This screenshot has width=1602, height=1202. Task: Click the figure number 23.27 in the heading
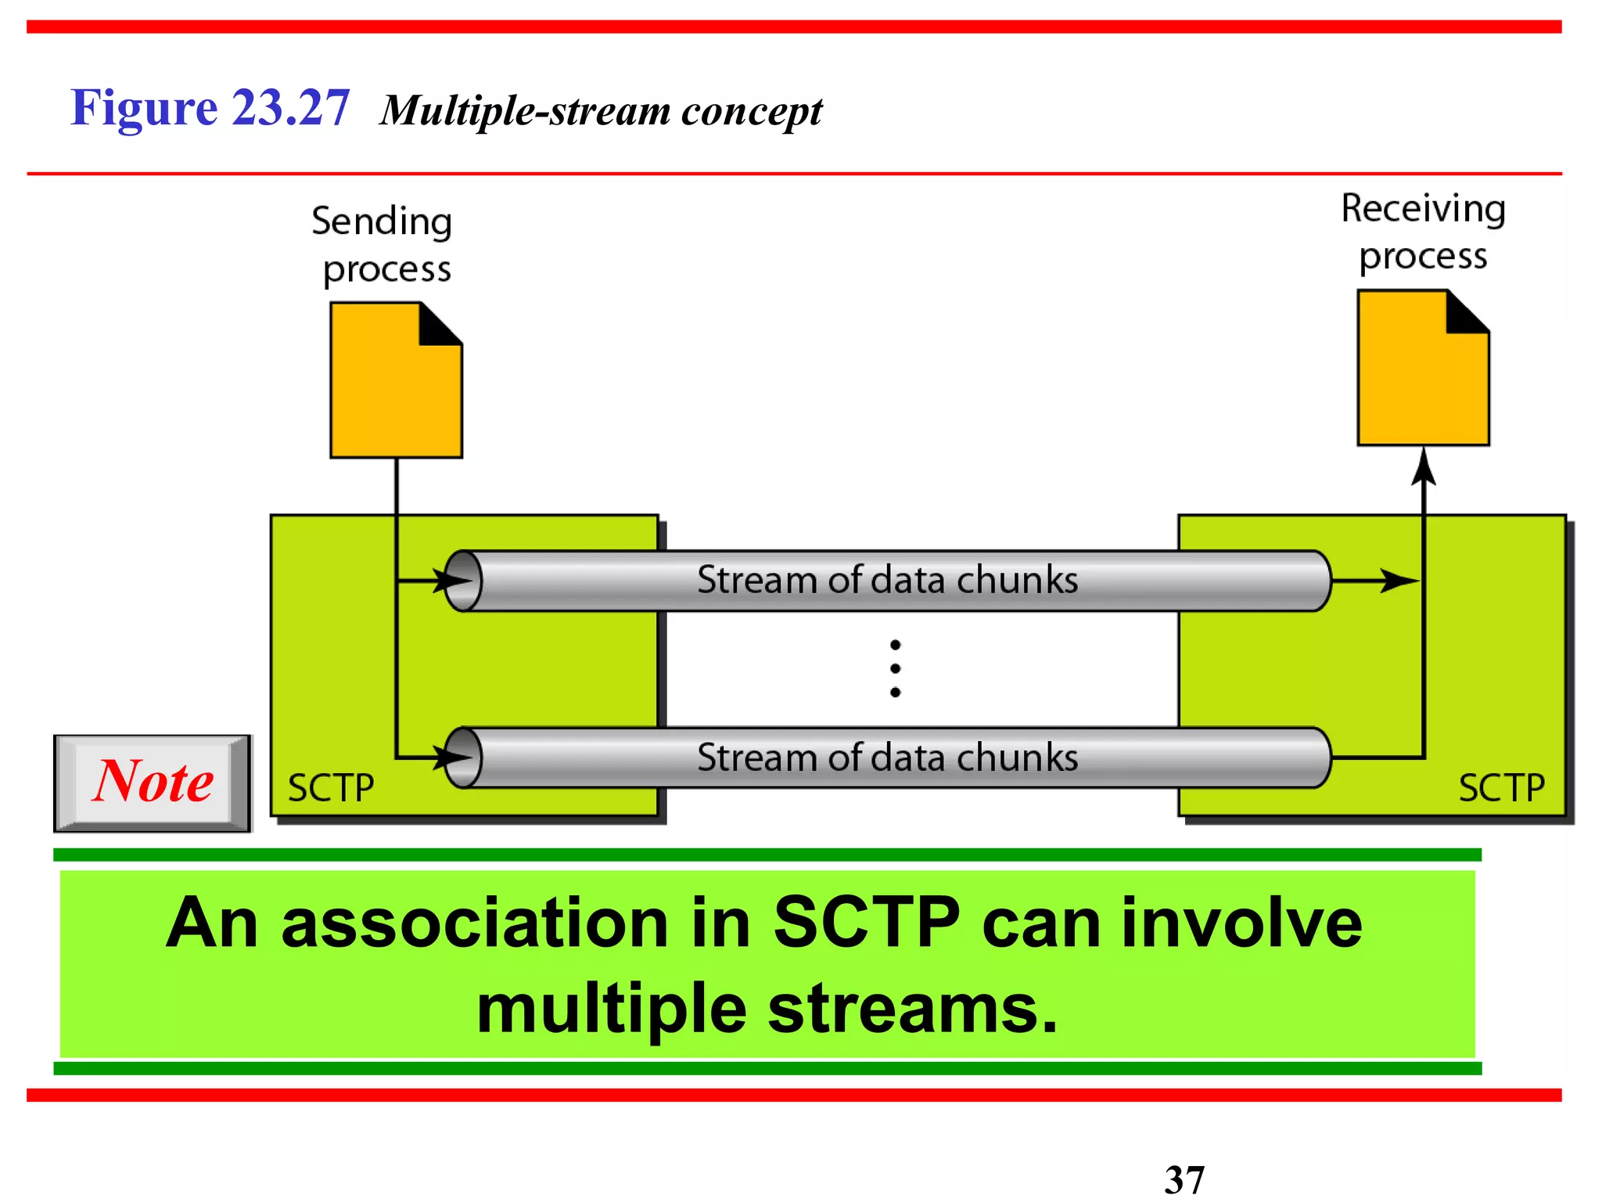click(290, 107)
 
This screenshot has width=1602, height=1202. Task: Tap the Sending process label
click(383, 245)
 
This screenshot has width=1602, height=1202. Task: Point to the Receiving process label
click(1423, 232)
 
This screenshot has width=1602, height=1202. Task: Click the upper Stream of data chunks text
click(887, 581)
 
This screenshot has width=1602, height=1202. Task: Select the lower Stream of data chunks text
click(887, 758)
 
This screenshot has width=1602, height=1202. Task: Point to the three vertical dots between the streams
click(895, 668)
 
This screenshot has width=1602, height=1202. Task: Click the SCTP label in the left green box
click(331, 788)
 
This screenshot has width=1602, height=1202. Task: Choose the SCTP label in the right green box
click(1501, 788)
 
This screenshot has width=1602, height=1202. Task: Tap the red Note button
click(153, 783)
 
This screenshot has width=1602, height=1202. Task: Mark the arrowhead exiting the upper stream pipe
click(1398, 581)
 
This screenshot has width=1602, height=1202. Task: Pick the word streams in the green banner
click(912, 1009)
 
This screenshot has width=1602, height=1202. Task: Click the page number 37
click(1184, 1179)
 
